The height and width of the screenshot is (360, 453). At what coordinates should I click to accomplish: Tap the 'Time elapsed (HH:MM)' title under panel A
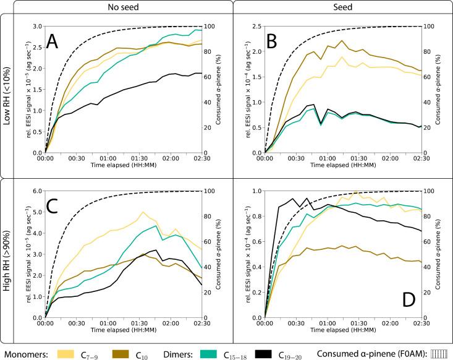(x=124, y=166)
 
